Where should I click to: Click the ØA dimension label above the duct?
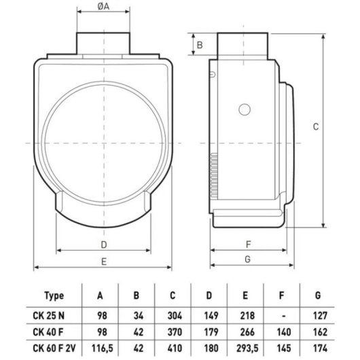(103, 6)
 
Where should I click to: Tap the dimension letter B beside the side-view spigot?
(200, 45)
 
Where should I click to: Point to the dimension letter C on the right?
(316, 126)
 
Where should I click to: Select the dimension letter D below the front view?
(104, 245)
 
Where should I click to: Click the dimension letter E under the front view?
(104, 262)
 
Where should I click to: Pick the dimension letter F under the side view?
(248, 245)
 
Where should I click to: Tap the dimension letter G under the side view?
(247, 259)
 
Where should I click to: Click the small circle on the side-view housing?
(245, 109)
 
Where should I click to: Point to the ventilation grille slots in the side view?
(214, 175)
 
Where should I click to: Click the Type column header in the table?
(54, 295)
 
